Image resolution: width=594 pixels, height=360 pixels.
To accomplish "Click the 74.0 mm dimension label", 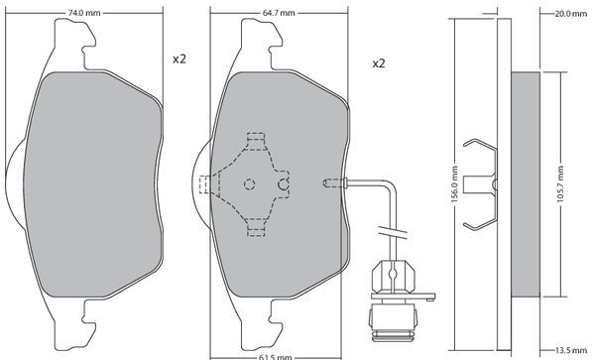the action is click(84, 13).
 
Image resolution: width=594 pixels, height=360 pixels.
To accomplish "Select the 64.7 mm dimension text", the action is click(279, 13).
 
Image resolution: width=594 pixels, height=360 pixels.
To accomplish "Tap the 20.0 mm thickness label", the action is click(570, 14).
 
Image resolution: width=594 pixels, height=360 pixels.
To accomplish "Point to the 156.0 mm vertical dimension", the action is click(455, 184).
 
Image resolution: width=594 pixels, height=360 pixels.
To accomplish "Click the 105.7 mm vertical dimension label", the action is click(560, 184).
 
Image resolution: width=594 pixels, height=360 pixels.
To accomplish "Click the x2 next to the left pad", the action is click(179, 60).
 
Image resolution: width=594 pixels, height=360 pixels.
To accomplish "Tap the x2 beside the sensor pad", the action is click(379, 63).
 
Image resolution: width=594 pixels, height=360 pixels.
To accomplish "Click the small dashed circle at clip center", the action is click(249, 184).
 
